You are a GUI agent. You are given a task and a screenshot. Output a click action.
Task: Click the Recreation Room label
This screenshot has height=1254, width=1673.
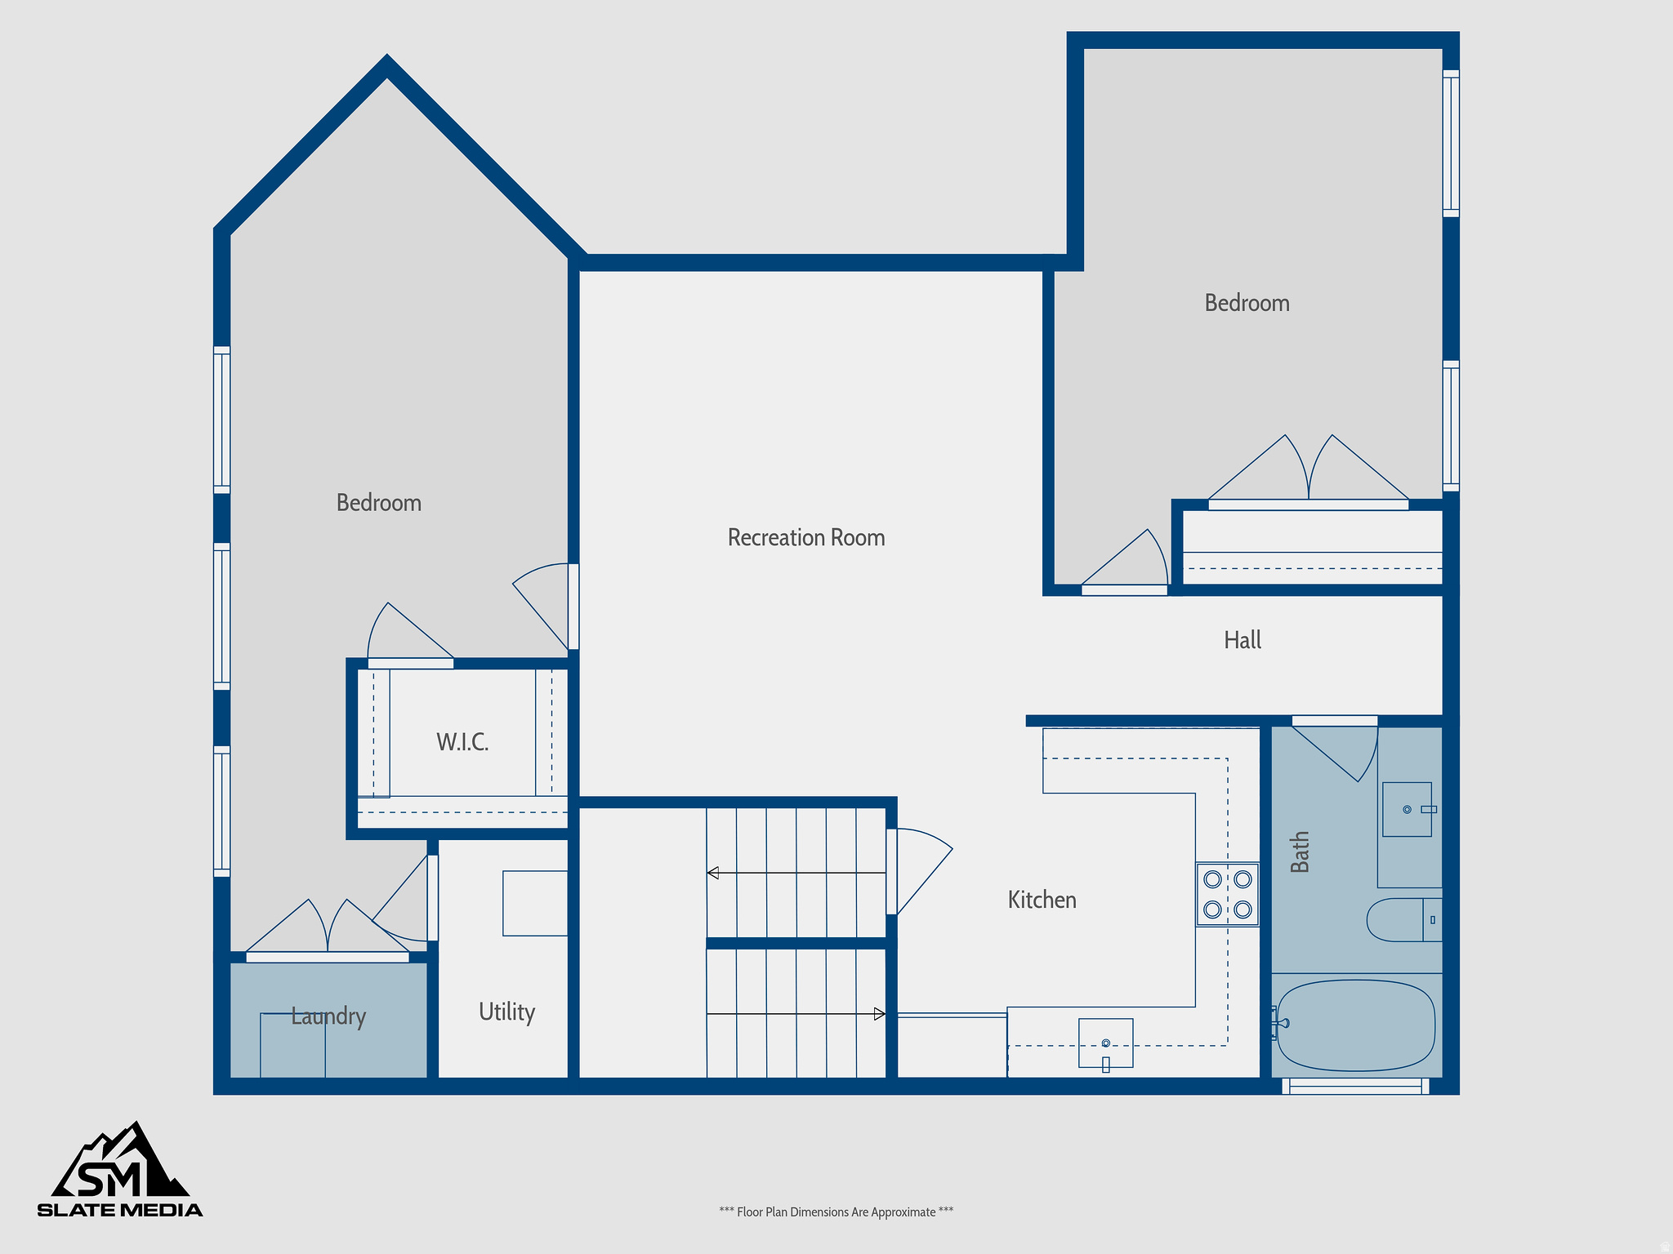[805, 537]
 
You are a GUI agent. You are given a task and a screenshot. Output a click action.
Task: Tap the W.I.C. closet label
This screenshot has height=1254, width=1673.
[462, 742]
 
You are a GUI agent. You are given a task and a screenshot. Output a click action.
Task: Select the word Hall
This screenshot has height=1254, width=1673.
[1242, 640]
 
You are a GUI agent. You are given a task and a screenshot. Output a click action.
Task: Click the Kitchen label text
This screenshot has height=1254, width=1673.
[1042, 900]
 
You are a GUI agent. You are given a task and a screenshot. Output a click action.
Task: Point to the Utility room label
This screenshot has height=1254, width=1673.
[506, 1012]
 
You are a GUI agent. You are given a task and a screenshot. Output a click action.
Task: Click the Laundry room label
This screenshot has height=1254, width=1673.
[328, 1016]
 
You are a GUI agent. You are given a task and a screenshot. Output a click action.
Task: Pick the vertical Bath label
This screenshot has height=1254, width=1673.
[1300, 852]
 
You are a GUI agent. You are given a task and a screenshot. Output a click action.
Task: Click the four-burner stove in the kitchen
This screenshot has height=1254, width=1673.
[1227, 894]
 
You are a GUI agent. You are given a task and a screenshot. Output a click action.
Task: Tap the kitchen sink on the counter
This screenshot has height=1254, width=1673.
[1105, 1043]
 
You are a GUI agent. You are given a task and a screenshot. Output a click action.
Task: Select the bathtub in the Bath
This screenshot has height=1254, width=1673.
[1355, 1025]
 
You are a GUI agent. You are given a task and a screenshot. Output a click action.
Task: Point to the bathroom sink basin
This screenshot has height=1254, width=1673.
[1407, 809]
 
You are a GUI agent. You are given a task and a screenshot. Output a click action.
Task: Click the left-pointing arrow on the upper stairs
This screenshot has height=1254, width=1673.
[714, 873]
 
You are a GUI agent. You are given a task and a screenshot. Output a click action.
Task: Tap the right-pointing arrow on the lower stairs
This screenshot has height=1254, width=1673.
[879, 1014]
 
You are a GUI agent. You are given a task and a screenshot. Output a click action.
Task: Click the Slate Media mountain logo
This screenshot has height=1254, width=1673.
[120, 1169]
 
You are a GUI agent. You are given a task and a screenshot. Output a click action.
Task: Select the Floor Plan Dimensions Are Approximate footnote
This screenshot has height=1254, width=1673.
[836, 1212]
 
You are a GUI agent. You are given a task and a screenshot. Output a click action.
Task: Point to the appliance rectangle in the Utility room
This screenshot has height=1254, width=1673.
[535, 903]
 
